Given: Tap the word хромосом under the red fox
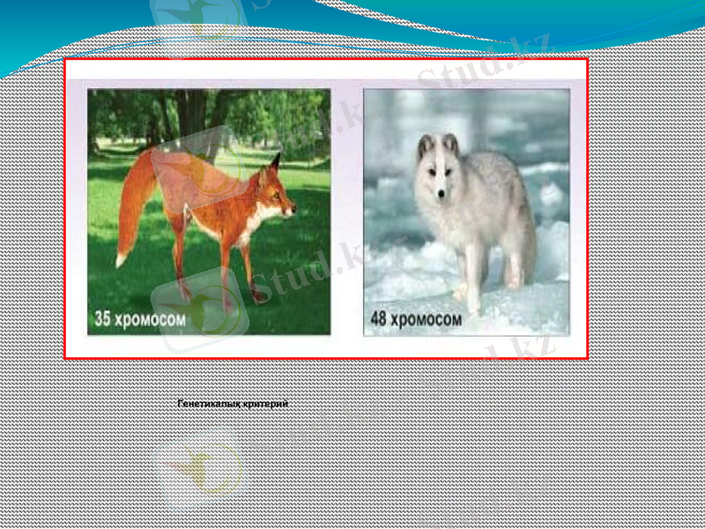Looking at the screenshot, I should point(152,319).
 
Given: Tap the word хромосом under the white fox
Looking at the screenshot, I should point(426,319).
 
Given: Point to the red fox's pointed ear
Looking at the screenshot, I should point(275,163).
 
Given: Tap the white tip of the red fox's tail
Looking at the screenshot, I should point(121,259).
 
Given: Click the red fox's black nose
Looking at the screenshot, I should point(294,211).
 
